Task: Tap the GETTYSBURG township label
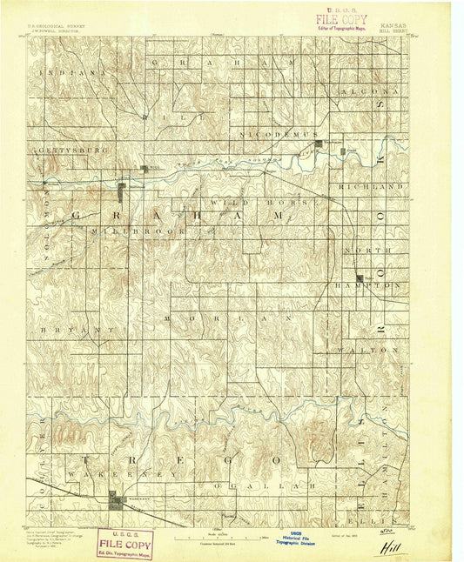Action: point(72,150)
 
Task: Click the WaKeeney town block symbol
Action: point(114,497)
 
